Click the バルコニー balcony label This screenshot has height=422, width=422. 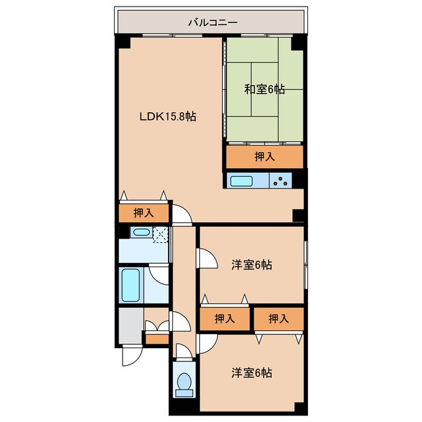click(x=212, y=22)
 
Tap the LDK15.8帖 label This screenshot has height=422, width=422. click(x=167, y=117)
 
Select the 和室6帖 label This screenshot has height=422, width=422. click(x=264, y=89)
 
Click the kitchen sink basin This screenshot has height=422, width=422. click(x=241, y=181)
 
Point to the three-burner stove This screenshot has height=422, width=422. click(x=281, y=181)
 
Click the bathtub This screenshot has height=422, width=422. click(x=131, y=286)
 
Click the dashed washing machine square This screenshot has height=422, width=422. click(x=160, y=235)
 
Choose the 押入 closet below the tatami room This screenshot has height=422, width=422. click(x=264, y=157)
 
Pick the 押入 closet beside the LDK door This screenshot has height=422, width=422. click(x=144, y=213)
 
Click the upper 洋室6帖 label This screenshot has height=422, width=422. click(x=252, y=265)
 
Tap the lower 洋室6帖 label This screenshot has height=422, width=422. click(x=252, y=373)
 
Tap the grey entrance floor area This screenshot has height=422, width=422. click(x=131, y=326)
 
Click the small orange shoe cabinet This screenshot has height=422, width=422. click(x=157, y=340)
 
